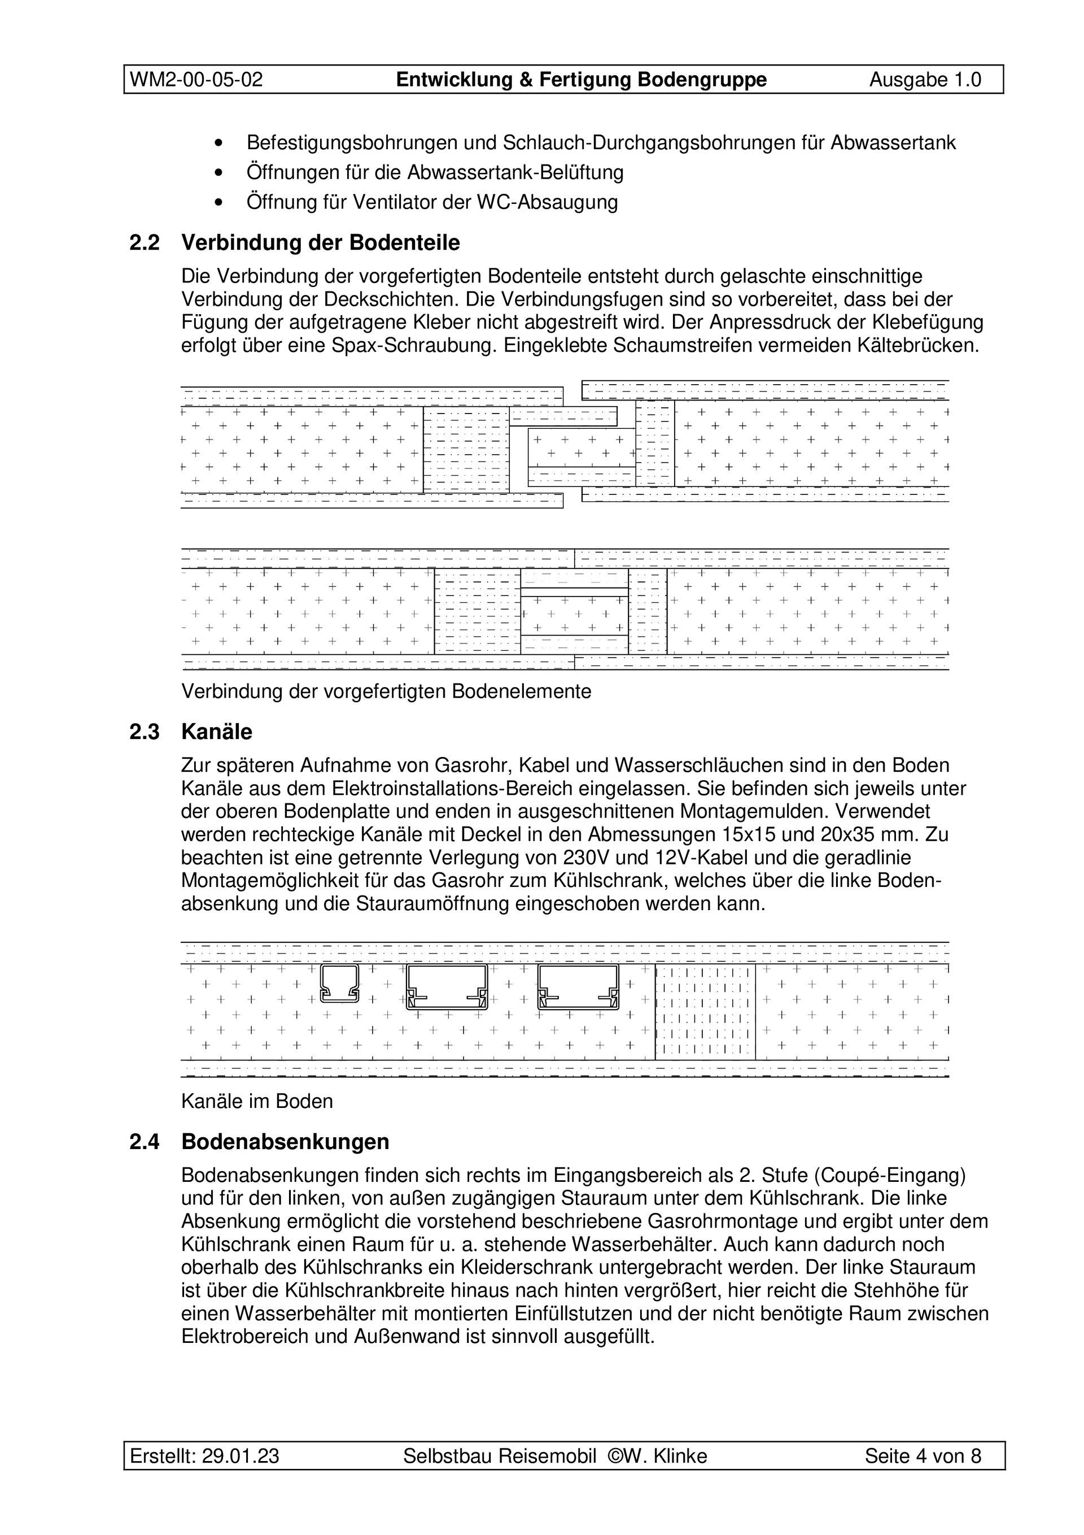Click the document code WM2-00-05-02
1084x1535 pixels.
(196, 80)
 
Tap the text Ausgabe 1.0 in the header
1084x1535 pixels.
(925, 80)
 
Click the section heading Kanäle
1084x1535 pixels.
(217, 732)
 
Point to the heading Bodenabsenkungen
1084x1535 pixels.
(285, 1142)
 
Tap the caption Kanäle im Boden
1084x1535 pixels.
(257, 1101)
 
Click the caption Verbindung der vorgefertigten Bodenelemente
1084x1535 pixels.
(386, 692)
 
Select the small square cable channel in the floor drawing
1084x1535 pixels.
(339, 984)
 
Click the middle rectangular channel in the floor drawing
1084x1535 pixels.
(447, 988)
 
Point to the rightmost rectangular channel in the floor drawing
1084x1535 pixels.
(579, 988)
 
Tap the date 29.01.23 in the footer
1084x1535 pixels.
(241, 1456)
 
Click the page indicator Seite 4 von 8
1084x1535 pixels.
(923, 1456)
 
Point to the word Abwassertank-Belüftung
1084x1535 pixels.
(515, 172)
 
